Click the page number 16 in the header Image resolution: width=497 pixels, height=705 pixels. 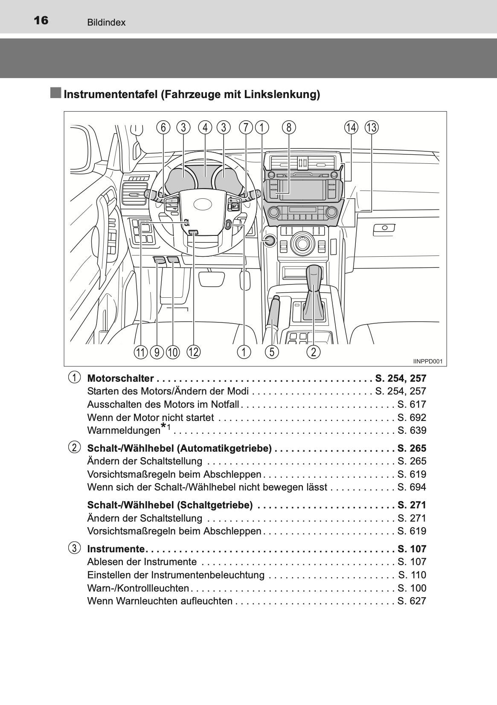point(41,20)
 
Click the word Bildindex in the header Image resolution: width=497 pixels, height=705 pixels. point(106,23)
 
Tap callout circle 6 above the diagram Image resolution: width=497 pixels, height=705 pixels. point(163,127)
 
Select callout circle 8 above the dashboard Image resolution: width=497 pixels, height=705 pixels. point(289,127)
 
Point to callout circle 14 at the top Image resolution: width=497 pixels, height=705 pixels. point(351,127)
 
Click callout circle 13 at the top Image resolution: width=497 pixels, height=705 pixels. point(371,127)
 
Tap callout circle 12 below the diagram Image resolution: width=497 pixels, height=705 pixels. point(193,352)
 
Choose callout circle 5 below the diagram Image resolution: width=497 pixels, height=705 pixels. point(272,352)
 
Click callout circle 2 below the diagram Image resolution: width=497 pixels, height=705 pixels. point(314,352)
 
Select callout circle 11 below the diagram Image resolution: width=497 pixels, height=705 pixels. point(140,352)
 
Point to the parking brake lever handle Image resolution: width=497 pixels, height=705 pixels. point(273,311)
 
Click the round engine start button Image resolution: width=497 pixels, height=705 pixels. point(269,241)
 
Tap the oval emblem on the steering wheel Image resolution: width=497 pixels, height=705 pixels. point(205,205)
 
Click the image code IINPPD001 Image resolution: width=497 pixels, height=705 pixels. point(427,361)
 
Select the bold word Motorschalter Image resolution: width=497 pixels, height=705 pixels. point(120,378)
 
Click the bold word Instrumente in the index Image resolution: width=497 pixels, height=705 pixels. point(116,549)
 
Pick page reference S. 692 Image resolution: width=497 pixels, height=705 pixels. point(412,418)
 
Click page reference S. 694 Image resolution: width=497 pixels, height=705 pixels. point(412,487)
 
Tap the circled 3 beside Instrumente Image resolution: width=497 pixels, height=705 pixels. point(74,548)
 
